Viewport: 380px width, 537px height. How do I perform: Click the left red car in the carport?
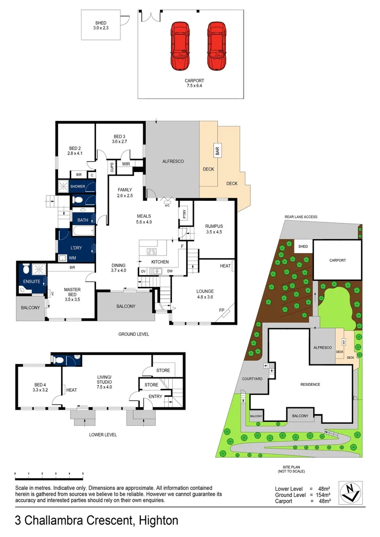click(179, 46)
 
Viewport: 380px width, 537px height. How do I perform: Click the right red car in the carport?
click(216, 46)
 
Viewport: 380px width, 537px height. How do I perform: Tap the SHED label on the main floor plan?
click(101, 23)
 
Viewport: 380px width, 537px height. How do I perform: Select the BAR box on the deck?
click(217, 150)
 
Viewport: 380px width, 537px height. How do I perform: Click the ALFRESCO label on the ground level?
click(173, 162)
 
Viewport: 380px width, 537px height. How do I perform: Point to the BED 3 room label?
click(120, 137)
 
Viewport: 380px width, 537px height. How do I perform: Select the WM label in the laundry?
click(72, 258)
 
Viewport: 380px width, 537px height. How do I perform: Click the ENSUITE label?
click(31, 282)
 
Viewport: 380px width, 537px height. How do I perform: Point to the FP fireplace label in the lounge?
click(222, 310)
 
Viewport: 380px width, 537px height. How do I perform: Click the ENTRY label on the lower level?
click(155, 396)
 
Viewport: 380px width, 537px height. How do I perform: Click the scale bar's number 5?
click(83, 473)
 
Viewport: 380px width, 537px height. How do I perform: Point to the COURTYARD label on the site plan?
click(252, 378)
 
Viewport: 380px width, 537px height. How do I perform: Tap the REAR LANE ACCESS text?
click(301, 217)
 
